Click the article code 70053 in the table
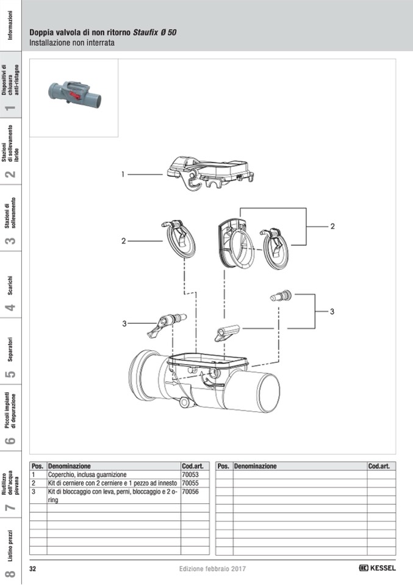[x=190, y=474]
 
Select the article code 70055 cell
[x=190, y=483]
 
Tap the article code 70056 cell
[x=190, y=491]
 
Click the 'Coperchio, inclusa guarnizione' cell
[x=87, y=474]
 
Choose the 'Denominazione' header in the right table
[x=255, y=466]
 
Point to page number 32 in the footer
[x=34, y=569]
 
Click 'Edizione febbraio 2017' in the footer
[x=212, y=569]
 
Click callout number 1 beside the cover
[x=123, y=174]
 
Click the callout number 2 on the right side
[x=332, y=226]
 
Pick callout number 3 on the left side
[x=124, y=323]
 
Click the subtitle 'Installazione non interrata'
[x=72, y=43]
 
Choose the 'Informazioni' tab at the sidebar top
[x=11, y=24]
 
